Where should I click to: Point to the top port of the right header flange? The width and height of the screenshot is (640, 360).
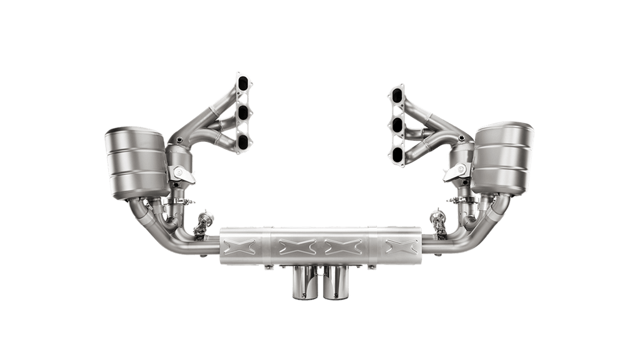[397, 96]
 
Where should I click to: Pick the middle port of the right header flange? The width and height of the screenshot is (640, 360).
[397, 124]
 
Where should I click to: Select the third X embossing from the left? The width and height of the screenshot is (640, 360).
[341, 246]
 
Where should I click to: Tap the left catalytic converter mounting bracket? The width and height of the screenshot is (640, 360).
[181, 171]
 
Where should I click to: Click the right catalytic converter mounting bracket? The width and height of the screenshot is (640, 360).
[454, 171]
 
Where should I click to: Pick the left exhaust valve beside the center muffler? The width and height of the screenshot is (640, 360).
[202, 222]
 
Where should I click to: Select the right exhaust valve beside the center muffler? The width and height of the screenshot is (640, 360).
[436, 221]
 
